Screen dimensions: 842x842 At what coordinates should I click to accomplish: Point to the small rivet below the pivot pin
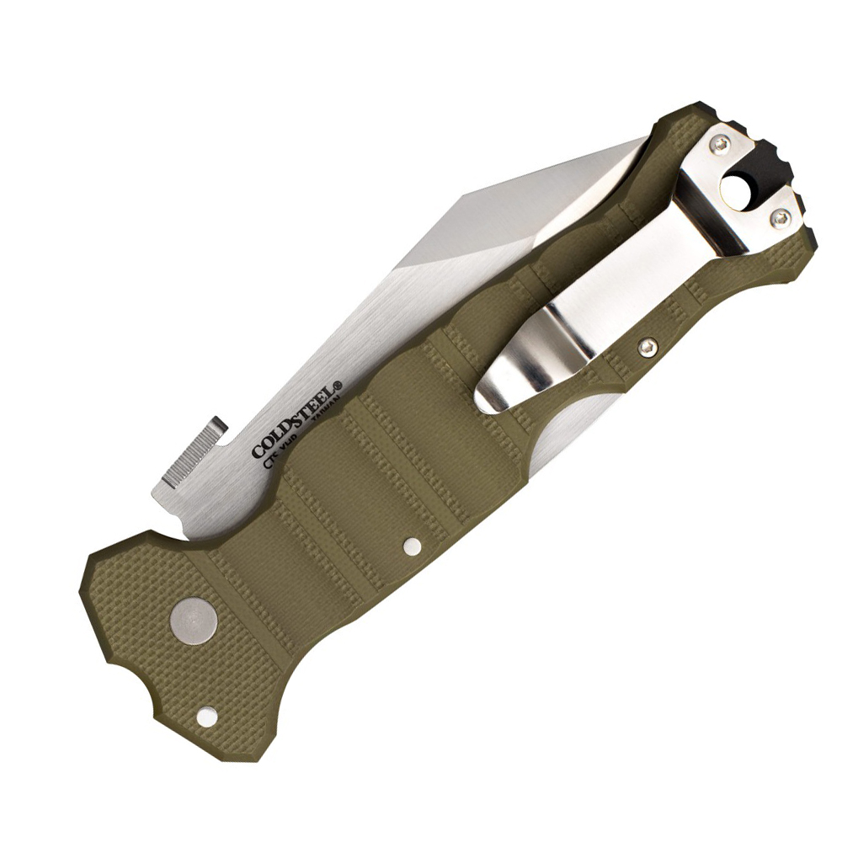point(204,717)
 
